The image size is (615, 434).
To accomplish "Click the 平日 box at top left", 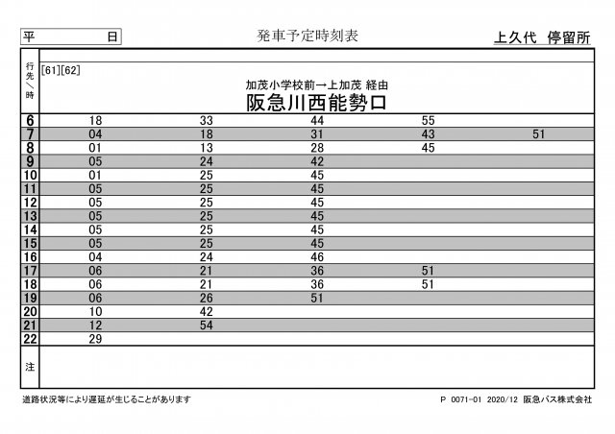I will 71,36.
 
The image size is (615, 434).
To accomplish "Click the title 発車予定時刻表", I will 307,36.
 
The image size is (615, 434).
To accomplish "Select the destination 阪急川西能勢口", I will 316,102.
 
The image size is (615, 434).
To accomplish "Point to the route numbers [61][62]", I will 61,70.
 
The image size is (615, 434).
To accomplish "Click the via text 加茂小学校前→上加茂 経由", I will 316,84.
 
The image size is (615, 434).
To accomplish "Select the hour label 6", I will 30,121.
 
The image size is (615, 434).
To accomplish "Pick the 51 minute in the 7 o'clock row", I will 538,134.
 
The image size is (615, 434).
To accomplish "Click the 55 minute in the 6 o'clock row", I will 429,121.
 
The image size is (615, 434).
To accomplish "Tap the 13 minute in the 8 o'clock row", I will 206,148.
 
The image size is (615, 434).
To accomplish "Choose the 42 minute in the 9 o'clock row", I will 317,162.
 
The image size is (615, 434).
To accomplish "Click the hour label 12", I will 30,203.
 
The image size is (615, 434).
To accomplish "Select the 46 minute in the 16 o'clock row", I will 317,257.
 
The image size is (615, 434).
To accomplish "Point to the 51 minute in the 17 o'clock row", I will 429,271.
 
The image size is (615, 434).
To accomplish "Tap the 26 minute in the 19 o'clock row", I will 206,299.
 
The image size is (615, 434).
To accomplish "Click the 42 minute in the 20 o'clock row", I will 206,312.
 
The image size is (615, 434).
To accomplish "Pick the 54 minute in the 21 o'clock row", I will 206,325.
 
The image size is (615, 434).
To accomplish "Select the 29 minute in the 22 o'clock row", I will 95,340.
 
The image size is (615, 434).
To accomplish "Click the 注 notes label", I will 30,367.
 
